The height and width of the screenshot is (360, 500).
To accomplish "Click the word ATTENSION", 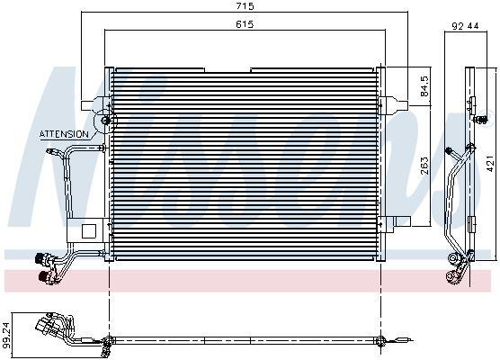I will (x=64, y=134).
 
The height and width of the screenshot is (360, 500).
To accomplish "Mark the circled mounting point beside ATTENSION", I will (x=107, y=121).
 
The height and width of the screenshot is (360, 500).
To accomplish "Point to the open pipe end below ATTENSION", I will (x=46, y=154).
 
